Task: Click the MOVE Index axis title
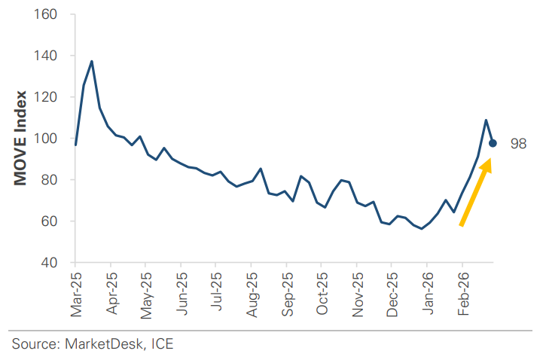(x=22, y=139)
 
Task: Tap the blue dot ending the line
(x=493, y=143)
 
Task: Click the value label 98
(x=518, y=144)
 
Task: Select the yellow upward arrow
(x=476, y=191)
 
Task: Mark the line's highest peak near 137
(x=92, y=61)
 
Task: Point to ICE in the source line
(x=161, y=344)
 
